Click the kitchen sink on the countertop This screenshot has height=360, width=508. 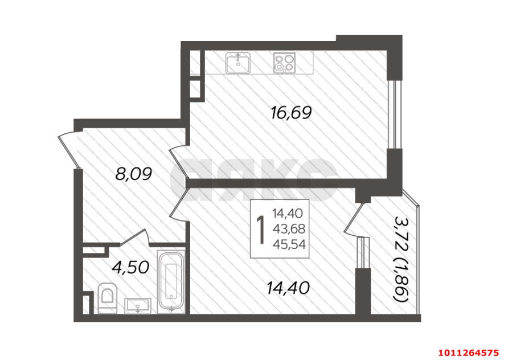[238, 62]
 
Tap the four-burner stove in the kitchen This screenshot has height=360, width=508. [284, 62]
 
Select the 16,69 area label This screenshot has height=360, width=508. [291, 113]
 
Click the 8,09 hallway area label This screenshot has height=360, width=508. [134, 175]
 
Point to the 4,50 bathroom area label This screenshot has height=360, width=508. [130, 268]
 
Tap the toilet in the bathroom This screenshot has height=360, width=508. [107, 297]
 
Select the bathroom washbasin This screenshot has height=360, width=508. [138, 305]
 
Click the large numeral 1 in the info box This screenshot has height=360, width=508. [260, 230]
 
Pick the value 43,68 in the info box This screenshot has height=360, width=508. [289, 229]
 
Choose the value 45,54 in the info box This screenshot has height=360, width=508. [289, 244]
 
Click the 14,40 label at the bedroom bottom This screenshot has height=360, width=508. [288, 288]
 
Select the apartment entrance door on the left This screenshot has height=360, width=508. [69, 152]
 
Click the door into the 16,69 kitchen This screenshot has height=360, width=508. [179, 162]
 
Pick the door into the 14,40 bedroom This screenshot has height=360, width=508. [179, 205]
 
